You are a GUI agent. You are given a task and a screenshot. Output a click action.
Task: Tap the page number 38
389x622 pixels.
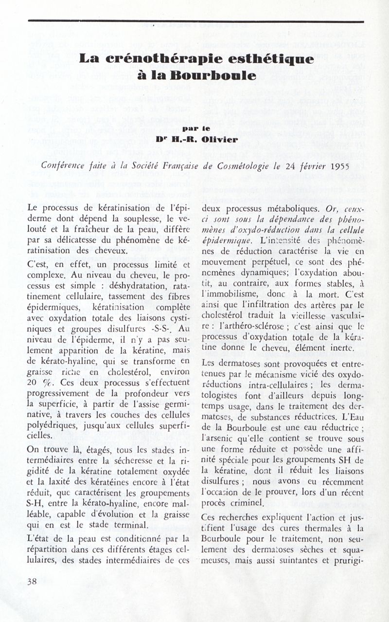[x=34, y=581]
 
